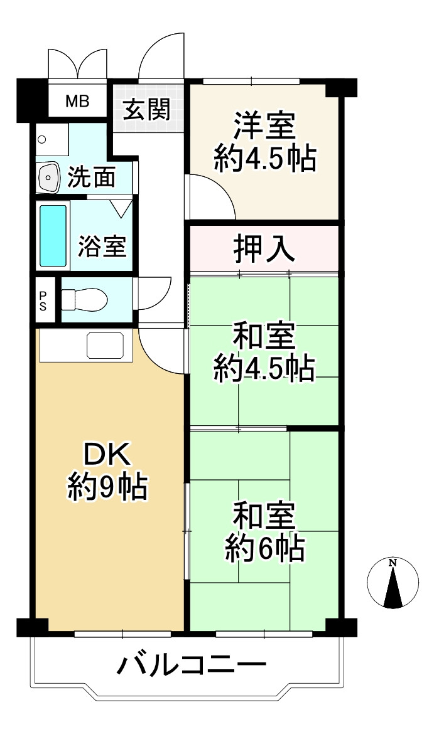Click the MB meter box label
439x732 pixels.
coord(78,100)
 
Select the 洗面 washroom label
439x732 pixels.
coord(92,178)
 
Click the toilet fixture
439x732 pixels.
coord(85,299)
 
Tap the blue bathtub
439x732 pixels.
coord(53,235)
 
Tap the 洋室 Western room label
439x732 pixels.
coord(264,125)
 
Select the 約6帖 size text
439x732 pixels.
coord(264,549)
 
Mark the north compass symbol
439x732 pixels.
coord(393,583)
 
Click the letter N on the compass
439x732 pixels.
coord(393,563)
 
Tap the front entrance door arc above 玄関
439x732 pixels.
coord(160,60)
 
